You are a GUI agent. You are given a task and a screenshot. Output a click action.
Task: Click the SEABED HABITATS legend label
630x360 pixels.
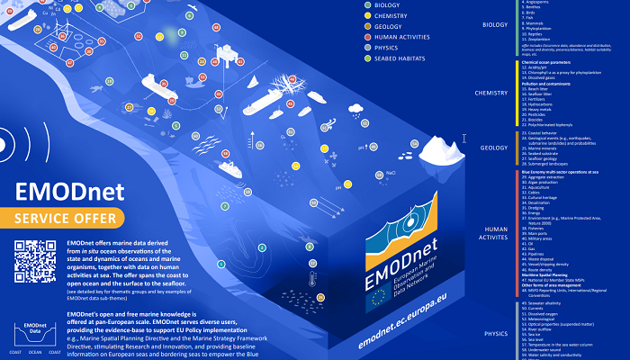[400, 58]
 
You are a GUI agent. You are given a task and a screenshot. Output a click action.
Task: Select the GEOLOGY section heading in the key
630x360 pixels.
[494, 148]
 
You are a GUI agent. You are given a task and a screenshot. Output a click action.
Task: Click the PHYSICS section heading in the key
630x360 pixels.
[496, 333]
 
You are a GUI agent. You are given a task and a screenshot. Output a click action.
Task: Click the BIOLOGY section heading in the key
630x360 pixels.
[495, 25]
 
